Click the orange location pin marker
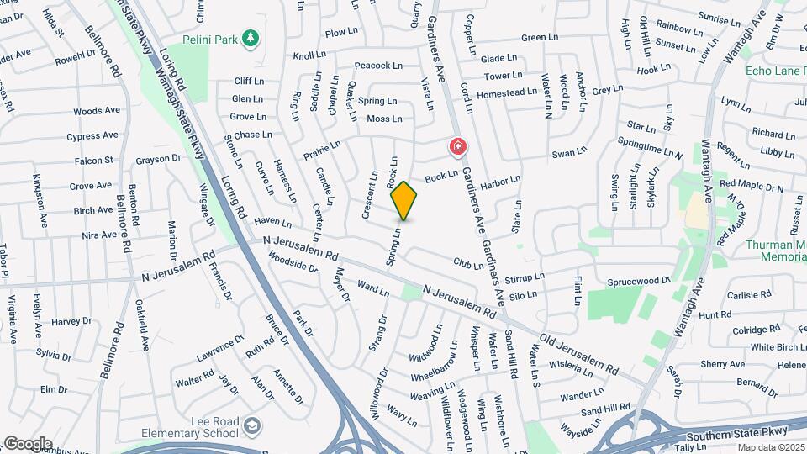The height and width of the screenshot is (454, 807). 403,200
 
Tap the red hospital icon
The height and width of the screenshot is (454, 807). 458,147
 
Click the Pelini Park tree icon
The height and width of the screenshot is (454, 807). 250,39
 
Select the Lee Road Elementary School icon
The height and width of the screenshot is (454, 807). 251,427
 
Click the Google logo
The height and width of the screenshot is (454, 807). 28,443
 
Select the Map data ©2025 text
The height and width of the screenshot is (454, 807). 771,447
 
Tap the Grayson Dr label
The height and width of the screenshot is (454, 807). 159,157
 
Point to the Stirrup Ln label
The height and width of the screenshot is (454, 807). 525,277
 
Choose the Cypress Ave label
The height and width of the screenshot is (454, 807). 93,135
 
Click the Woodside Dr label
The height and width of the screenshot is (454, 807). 293,267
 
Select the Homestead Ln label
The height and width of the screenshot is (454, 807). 506,92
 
